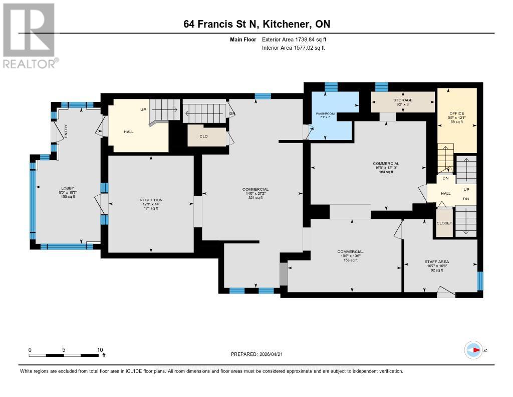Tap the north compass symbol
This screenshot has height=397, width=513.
[473, 350]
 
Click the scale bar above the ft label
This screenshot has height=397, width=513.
[64, 355]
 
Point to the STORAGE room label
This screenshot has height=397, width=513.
[402, 100]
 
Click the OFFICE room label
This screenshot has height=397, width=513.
[456, 113]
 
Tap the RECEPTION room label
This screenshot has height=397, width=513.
[151, 200]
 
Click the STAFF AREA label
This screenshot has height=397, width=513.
[436, 261]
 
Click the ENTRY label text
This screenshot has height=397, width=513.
[66, 132]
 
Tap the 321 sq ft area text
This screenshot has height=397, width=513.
[255, 198]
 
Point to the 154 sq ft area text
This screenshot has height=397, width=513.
[386, 172]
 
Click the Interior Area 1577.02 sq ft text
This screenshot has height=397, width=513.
[293, 48]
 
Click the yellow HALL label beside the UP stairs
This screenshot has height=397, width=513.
[129, 131]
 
